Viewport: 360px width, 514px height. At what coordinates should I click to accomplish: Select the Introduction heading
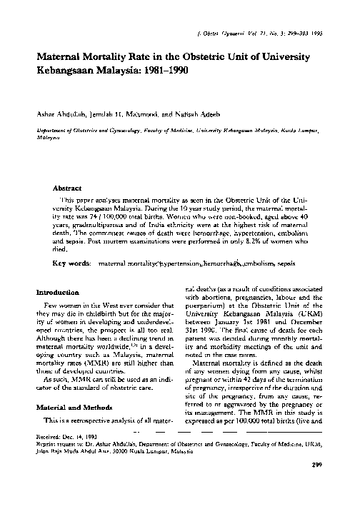59,293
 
